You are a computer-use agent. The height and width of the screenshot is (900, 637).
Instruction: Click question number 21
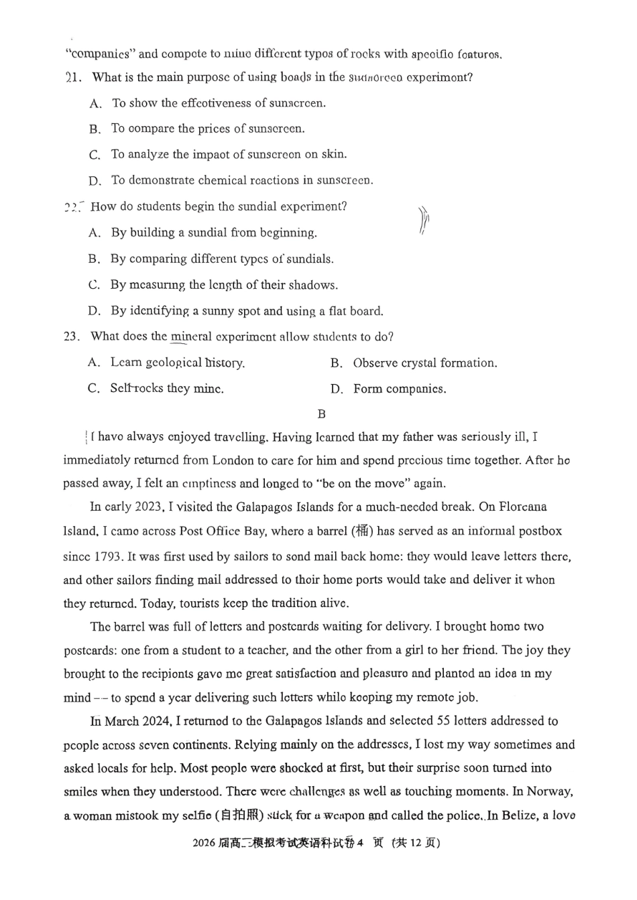[x=74, y=77]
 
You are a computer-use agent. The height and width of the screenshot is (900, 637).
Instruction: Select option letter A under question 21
[x=95, y=103]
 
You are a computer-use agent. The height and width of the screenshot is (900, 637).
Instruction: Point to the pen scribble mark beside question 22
[x=423, y=220]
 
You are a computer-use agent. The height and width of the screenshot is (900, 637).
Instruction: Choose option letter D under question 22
[x=95, y=311]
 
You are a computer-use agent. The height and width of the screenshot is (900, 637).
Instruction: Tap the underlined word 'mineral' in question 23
[x=191, y=336]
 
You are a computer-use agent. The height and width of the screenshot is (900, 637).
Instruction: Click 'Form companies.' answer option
[x=399, y=389]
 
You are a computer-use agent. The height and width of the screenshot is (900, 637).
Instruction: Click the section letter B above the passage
[x=321, y=413]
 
